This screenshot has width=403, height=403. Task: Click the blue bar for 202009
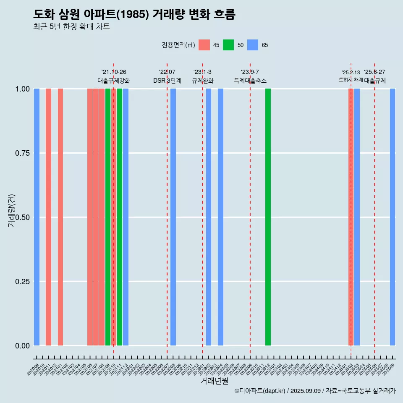37,217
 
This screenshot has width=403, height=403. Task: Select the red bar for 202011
48,217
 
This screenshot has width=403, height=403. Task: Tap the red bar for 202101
60,217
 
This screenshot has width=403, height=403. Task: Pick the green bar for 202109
108,217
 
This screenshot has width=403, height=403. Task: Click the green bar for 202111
120,217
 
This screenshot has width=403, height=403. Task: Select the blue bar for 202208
173,217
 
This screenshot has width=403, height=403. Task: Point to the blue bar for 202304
220,217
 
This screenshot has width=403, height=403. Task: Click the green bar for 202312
268,217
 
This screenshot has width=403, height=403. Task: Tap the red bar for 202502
351,217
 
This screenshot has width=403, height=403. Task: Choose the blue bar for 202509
393,217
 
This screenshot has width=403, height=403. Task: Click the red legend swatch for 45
204,45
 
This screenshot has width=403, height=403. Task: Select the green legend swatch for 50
228,45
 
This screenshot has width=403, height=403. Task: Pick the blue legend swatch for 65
253,45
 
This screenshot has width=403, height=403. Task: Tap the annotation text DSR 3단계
167,81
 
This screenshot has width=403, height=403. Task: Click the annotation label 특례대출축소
250,81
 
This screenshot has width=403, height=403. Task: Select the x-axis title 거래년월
214,381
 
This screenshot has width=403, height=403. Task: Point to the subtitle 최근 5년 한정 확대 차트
71,27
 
